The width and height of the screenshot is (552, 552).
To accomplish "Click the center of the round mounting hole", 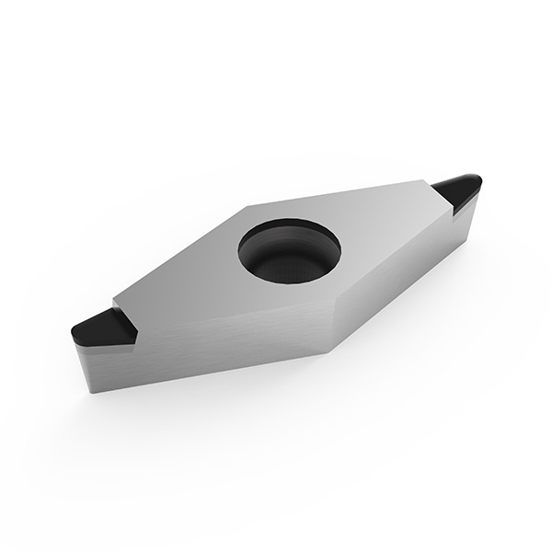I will coord(289,250).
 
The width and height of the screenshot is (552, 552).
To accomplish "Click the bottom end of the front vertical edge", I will coord(328,352).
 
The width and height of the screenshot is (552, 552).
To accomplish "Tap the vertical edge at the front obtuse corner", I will coord(328,331).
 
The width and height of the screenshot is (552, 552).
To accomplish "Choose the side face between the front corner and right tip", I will coord(396,276).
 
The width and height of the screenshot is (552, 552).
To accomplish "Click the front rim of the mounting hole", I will coord(290,279).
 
